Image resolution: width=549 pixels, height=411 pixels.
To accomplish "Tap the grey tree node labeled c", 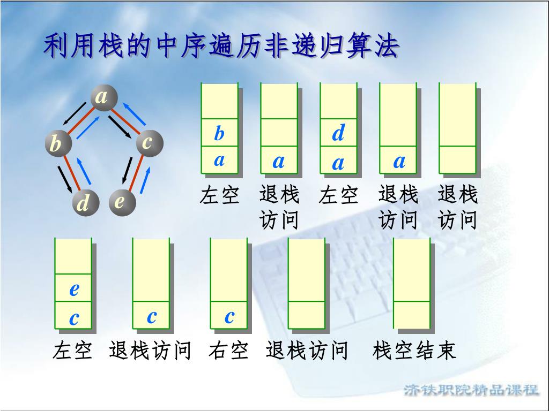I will [x=149, y=143].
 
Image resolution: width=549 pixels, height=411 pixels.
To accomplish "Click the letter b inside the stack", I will [x=219, y=133].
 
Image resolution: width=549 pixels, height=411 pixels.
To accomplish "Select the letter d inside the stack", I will [x=338, y=133].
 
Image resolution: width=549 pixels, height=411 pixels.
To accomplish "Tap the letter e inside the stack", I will [x=74, y=290].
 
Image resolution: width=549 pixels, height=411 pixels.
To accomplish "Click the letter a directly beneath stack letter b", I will [x=219, y=160].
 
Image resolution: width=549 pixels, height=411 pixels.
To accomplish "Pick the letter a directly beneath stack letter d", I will [x=338, y=163].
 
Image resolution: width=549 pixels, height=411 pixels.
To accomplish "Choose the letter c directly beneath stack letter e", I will [x=74, y=318].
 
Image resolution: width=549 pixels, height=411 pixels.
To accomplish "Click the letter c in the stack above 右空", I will [x=229, y=316].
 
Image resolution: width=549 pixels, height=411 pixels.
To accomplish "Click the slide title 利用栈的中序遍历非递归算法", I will [x=221, y=47].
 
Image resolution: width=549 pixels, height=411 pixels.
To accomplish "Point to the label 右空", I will [x=229, y=351].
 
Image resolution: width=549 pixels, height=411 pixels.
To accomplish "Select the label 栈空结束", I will [x=414, y=351].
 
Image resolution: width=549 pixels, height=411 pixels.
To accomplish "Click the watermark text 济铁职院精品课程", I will [x=471, y=390].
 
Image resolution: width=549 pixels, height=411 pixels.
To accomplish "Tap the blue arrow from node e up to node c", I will [x=144, y=179].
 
